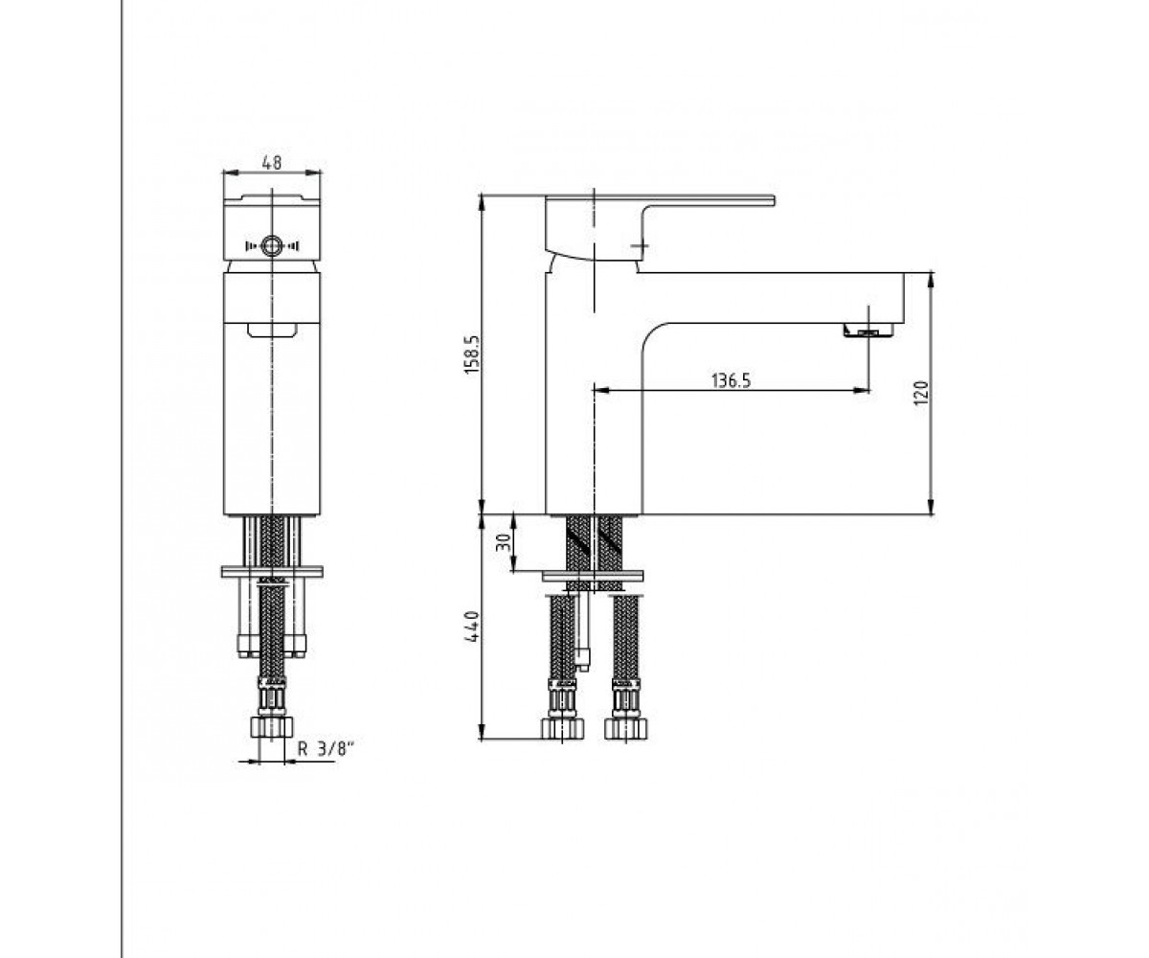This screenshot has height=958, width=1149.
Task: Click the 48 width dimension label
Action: click(x=272, y=163)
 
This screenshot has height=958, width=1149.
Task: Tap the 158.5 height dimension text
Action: click(x=473, y=355)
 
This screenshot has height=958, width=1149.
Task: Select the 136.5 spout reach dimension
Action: click(x=732, y=380)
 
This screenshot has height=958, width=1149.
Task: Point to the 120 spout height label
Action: click(x=921, y=393)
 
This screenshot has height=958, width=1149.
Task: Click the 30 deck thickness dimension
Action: click(x=503, y=543)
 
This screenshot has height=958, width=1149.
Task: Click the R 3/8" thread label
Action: click(x=326, y=749)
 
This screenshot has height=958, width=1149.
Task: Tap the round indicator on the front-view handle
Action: click(x=272, y=245)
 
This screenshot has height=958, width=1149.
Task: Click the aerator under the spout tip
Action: click(x=868, y=331)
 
